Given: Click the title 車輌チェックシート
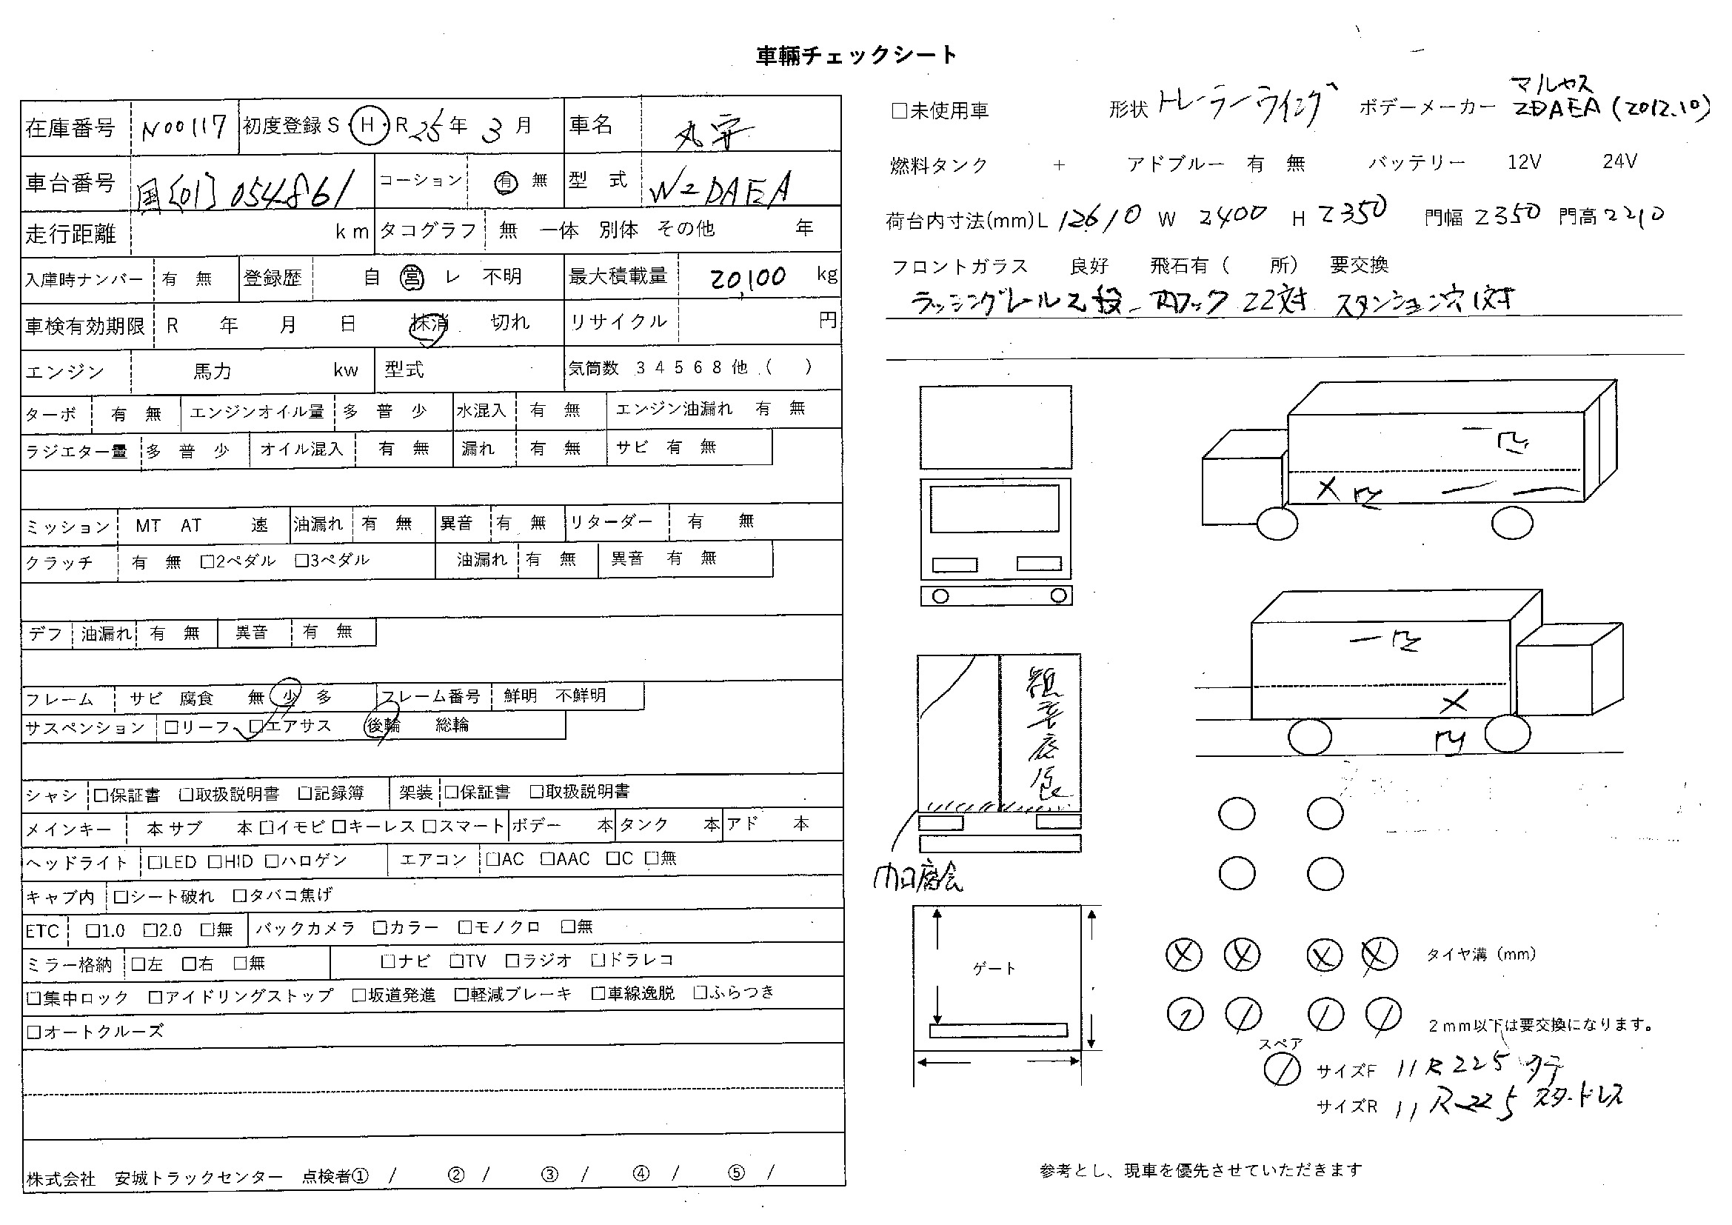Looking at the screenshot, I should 856,56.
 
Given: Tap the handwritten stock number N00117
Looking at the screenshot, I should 184,127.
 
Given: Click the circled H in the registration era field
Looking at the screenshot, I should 367,124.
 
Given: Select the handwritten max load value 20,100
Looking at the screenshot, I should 748,278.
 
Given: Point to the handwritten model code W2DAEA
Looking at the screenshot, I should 720,189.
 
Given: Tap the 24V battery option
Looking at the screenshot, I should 1619,161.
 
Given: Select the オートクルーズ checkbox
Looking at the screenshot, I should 33,1031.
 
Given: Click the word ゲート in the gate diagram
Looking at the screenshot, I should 994,969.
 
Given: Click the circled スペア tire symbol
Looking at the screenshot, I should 1282,1069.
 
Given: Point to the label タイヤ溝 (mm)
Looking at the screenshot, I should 1480,954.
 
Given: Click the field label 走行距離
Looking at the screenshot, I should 70,234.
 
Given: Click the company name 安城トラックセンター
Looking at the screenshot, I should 198,1178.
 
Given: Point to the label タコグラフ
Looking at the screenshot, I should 428,230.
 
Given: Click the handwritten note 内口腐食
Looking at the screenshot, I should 917,879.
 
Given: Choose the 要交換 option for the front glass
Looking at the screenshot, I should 1359,264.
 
